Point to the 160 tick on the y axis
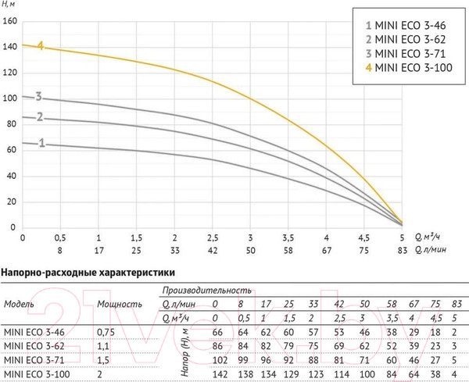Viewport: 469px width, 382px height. [x=10, y=21]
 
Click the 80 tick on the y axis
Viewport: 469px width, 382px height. [x=10, y=124]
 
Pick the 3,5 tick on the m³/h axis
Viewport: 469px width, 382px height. [x=288, y=236]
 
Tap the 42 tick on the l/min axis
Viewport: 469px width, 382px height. [x=213, y=250]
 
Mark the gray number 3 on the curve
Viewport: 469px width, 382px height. [x=38, y=98]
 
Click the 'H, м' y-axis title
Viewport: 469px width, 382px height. [x=11, y=6]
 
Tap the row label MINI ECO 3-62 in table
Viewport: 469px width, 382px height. [x=34, y=345]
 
